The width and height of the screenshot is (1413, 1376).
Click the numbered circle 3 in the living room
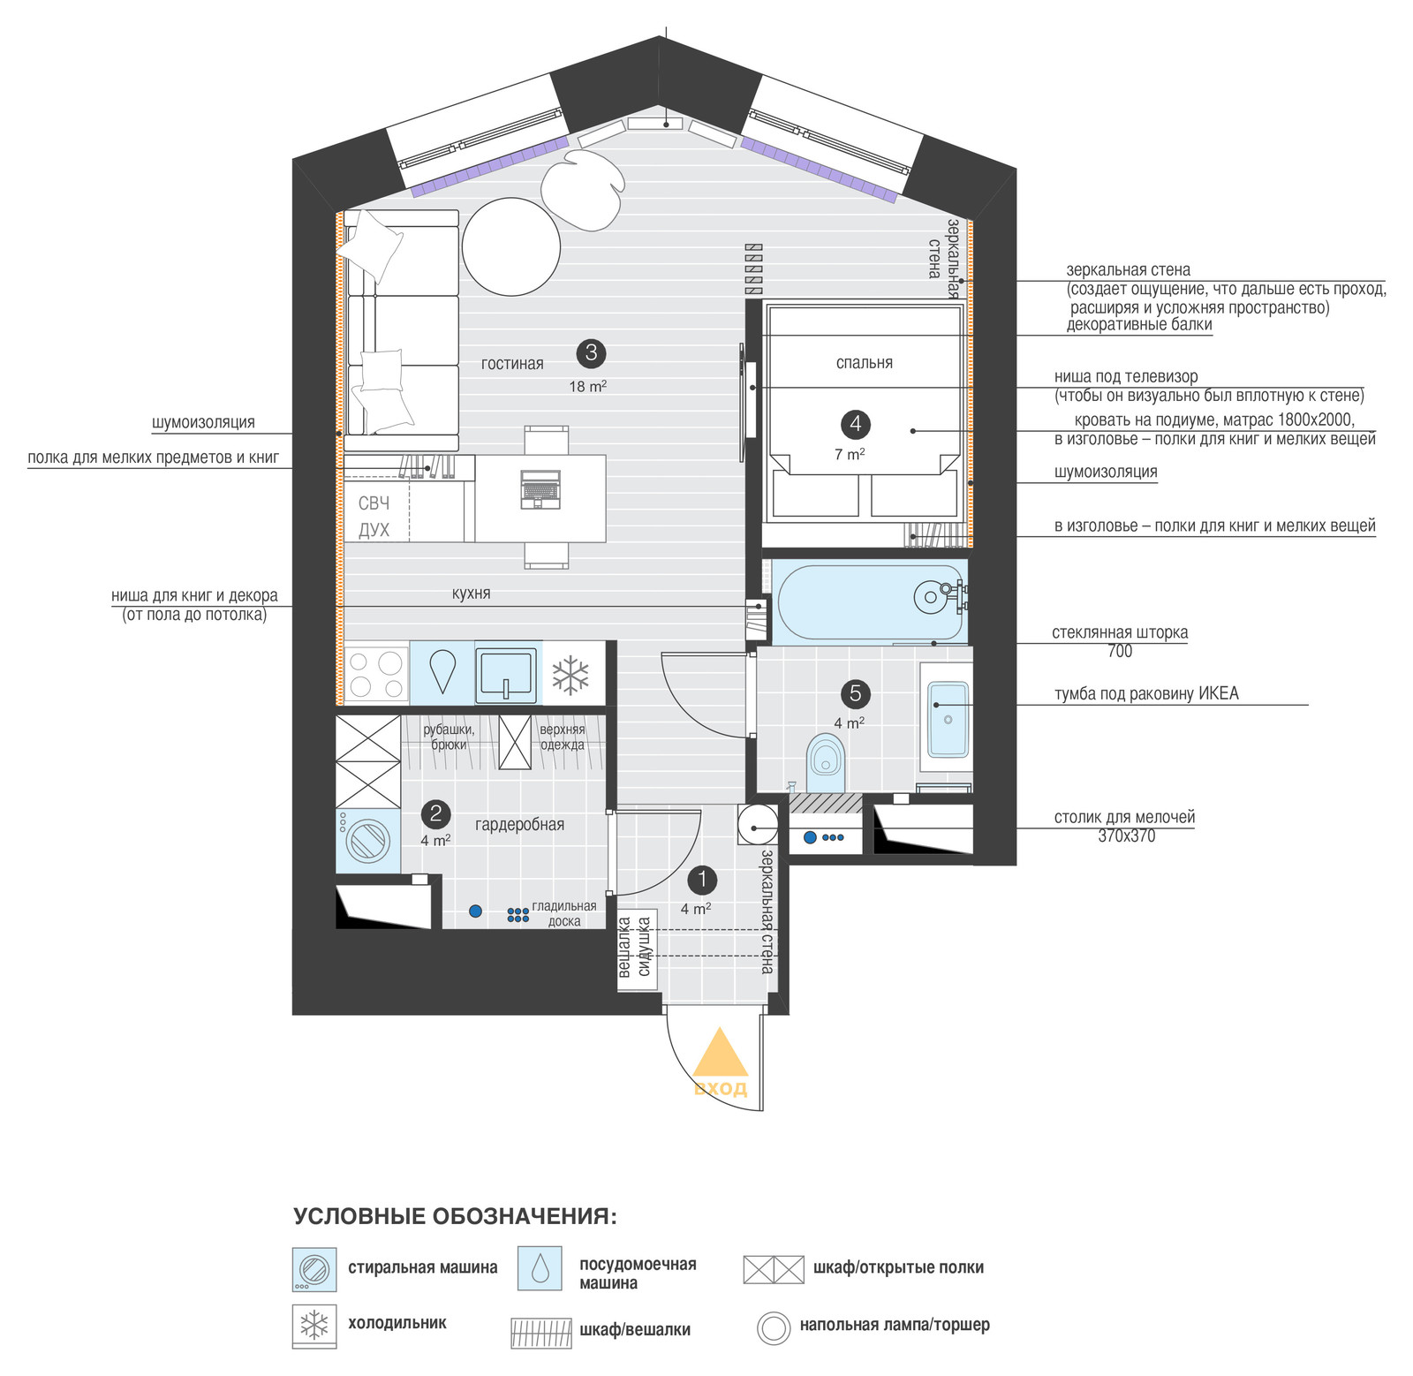point(591,353)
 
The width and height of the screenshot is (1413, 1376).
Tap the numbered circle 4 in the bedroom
point(855,424)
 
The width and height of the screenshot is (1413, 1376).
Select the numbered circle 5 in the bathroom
point(855,693)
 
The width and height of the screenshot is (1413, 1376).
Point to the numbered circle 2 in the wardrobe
point(435,813)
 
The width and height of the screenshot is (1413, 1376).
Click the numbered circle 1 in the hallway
point(702,880)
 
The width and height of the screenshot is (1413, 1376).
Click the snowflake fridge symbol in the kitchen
point(570,675)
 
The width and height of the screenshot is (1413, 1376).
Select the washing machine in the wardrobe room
point(367,841)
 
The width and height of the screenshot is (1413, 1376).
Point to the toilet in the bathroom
point(826,762)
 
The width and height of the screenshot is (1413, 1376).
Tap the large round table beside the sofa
point(511,246)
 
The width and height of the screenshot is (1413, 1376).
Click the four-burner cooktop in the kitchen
point(376,674)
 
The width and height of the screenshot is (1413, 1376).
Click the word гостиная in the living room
point(512,364)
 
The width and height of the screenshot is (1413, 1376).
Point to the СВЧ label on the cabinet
point(374,503)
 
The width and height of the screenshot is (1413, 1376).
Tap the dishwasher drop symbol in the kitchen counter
point(442,671)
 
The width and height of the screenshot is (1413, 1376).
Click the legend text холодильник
point(397,1323)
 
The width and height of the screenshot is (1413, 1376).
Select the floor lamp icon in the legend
point(774,1327)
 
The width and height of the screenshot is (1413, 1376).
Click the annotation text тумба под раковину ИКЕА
point(1146,693)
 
